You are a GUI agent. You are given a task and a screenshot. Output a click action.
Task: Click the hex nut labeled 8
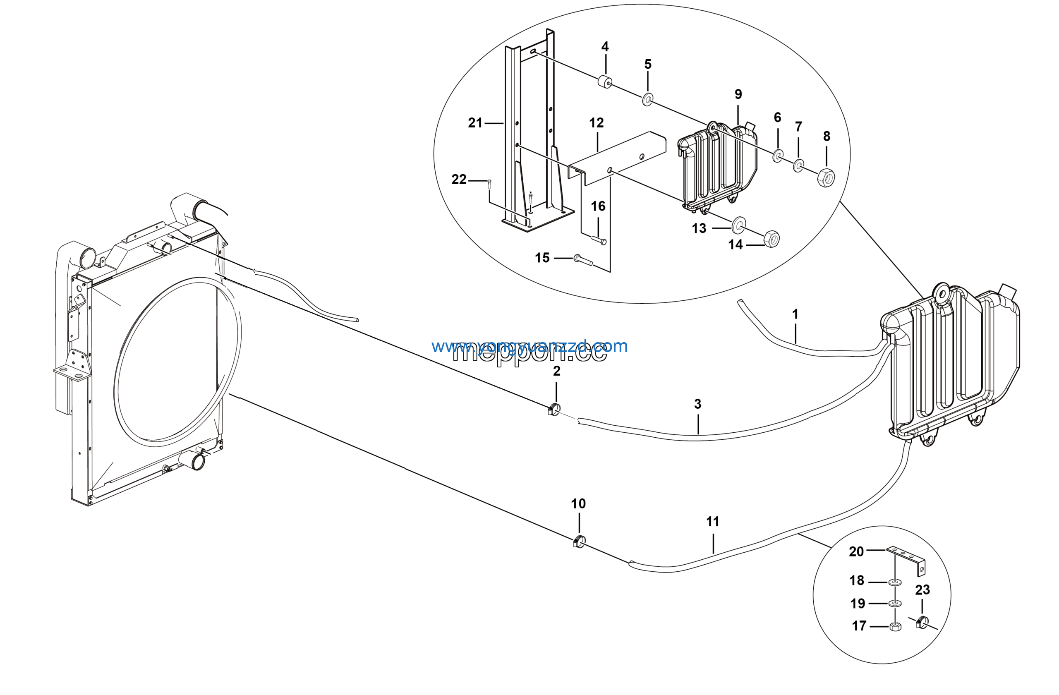pyautogui.click(x=826, y=177)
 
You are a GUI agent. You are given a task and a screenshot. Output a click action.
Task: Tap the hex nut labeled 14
pyautogui.click(x=771, y=240)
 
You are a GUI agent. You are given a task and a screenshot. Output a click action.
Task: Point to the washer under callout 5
pyautogui.click(x=647, y=100)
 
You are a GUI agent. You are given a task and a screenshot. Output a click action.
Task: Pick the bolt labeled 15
pyautogui.click(x=583, y=260)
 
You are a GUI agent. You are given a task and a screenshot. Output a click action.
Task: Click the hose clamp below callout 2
pyautogui.click(x=554, y=408)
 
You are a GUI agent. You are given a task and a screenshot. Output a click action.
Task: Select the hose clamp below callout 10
pyautogui.click(x=578, y=542)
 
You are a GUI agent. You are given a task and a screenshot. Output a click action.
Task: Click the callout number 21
pyautogui.click(x=475, y=123)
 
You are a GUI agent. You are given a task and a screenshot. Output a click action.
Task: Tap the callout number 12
pyautogui.click(x=596, y=123)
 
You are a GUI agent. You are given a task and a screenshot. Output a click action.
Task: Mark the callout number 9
pyautogui.click(x=738, y=94)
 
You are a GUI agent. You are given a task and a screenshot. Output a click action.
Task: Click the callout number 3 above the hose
pyautogui.click(x=697, y=404)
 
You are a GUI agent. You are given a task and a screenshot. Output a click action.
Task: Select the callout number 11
pyautogui.click(x=712, y=522)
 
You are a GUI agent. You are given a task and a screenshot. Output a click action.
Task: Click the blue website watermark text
pyautogui.click(x=529, y=346)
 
